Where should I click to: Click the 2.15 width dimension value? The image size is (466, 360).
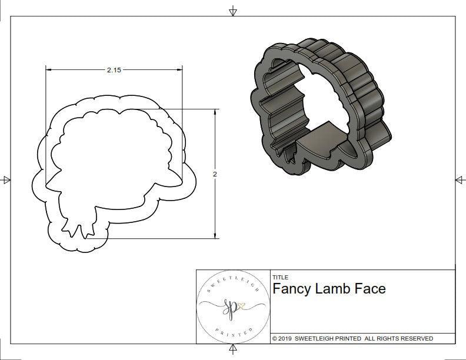point(114,69)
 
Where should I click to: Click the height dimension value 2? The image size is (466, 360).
point(215,174)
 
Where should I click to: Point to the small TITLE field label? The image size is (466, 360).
point(279,277)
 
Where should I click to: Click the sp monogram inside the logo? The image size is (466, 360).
point(232,308)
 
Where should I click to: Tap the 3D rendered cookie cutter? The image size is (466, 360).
point(318,109)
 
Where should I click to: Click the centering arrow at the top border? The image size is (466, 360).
point(233,11)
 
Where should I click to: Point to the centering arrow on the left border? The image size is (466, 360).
point(6,179)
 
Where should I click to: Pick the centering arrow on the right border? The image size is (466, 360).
point(460,179)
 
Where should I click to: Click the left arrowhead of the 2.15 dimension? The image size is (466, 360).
point(48,69)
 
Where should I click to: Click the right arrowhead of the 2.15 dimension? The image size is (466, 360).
point(179,69)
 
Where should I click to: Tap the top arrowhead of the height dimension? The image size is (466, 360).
point(215,112)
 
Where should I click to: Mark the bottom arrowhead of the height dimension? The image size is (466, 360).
point(215,236)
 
